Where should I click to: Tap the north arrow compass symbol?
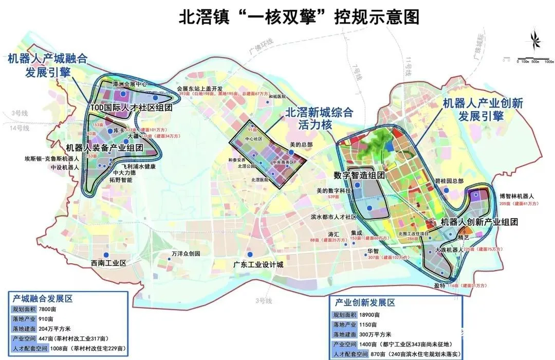(534, 41)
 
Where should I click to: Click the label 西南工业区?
(108, 263)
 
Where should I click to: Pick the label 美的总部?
(301, 145)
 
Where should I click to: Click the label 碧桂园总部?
(450, 182)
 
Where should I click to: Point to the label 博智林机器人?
(517, 196)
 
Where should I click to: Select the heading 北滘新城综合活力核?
(319, 117)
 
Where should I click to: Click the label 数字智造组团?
(359, 175)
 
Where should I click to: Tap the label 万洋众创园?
(186, 254)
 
